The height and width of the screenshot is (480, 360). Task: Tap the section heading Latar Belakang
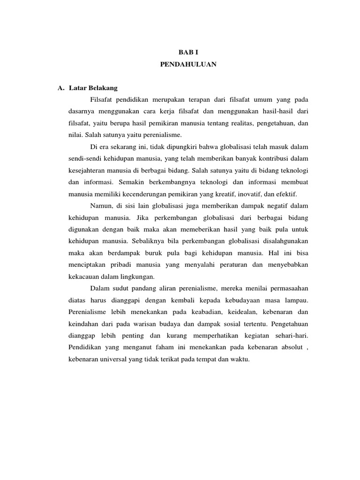pyautogui.click(x=93, y=88)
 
